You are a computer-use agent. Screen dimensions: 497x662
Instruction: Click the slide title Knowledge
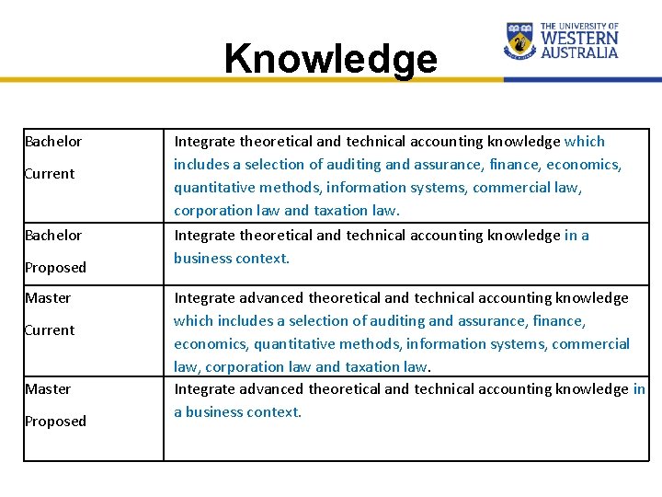[x=331, y=59]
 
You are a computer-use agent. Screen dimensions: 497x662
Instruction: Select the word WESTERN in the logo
[x=579, y=40]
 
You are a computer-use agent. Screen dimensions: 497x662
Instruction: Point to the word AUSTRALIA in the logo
[x=579, y=53]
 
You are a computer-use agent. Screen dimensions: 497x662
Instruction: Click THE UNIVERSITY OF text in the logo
[x=579, y=28]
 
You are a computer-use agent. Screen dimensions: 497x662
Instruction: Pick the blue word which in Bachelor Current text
[x=585, y=142]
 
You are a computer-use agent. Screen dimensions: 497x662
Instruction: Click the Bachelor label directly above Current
[x=53, y=142]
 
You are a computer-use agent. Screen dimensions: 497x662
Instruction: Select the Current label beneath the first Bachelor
[x=50, y=174]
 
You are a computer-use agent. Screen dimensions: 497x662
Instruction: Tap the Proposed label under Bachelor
[x=55, y=268]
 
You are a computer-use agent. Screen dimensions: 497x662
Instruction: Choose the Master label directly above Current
[x=48, y=298]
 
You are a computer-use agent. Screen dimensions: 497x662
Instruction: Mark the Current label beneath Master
[x=50, y=330]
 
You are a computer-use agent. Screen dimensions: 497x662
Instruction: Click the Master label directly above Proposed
[x=48, y=389]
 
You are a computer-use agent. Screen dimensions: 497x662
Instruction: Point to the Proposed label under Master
[x=55, y=422]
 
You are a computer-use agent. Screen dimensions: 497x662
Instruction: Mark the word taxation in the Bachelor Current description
[x=342, y=210]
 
